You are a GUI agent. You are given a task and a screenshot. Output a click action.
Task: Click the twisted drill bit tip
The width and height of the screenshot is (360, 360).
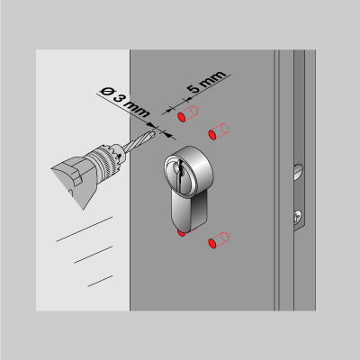point(155,133)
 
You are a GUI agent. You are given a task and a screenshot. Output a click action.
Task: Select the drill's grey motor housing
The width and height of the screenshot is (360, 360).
point(75,180)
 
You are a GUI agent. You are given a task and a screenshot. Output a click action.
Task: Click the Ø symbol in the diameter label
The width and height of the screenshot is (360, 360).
point(106,91)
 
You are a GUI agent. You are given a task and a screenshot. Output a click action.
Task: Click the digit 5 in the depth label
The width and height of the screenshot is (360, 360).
point(193,87)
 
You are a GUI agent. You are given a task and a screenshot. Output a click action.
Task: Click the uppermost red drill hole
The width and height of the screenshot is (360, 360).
point(182,117)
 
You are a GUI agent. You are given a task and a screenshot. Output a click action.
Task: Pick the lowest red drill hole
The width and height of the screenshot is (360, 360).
point(212,243)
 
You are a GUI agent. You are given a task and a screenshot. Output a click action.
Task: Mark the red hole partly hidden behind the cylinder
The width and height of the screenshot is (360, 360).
point(181,233)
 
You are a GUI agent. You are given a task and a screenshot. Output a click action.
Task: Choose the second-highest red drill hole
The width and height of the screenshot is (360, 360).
point(212,135)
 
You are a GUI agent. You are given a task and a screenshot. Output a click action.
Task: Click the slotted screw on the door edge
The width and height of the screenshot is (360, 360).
point(298,172)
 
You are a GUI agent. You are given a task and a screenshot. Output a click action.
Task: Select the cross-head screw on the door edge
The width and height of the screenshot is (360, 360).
point(298,218)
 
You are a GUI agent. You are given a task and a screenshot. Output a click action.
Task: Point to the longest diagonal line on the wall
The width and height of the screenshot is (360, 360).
point(85,229)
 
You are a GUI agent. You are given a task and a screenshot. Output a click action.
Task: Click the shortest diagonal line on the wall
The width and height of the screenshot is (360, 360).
point(100,281)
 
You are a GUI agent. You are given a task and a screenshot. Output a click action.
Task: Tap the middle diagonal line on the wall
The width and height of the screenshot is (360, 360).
point(94,255)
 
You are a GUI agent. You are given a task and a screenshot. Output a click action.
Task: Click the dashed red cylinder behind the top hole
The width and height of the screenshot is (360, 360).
point(192,112)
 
